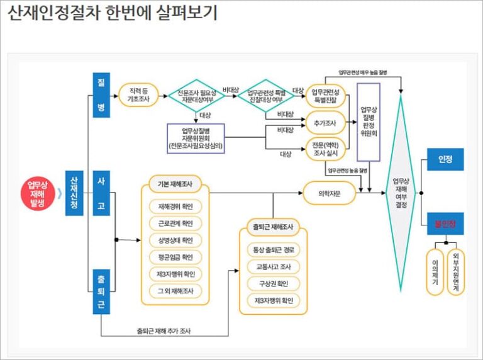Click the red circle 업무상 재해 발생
pos(37,193)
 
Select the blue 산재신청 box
pos(74,193)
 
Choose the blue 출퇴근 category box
pos(101,290)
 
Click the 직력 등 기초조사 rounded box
pos(138,96)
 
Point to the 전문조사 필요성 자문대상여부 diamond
pos(196,96)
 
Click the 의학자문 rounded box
pos(329,193)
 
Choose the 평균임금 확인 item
pos(175,257)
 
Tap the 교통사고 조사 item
pos(273,266)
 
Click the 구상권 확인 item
pos(273,283)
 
